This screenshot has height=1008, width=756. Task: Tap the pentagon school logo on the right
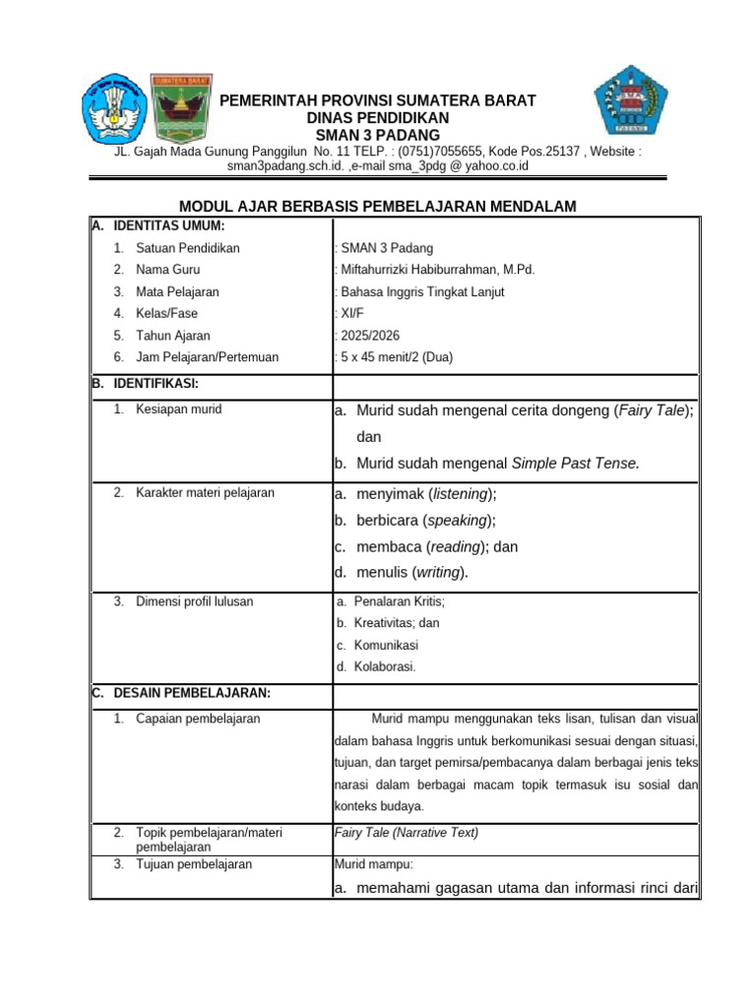tap(630, 100)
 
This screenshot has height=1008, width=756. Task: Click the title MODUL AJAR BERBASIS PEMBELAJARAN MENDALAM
tap(377, 206)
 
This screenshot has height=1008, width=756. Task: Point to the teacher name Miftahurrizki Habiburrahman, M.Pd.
tap(437, 270)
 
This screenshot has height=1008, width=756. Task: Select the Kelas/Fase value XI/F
tap(351, 314)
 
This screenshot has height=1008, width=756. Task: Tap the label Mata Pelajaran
tap(177, 292)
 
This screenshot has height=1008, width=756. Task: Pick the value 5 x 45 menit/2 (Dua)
tap(396, 357)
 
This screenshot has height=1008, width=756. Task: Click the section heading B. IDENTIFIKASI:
tap(151, 383)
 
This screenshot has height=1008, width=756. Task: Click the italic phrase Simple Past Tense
tap(576, 464)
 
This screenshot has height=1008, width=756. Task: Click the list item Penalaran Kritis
tap(399, 601)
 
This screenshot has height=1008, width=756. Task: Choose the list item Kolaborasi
tap(385, 666)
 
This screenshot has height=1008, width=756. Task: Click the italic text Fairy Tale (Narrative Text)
tap(407, 833)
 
